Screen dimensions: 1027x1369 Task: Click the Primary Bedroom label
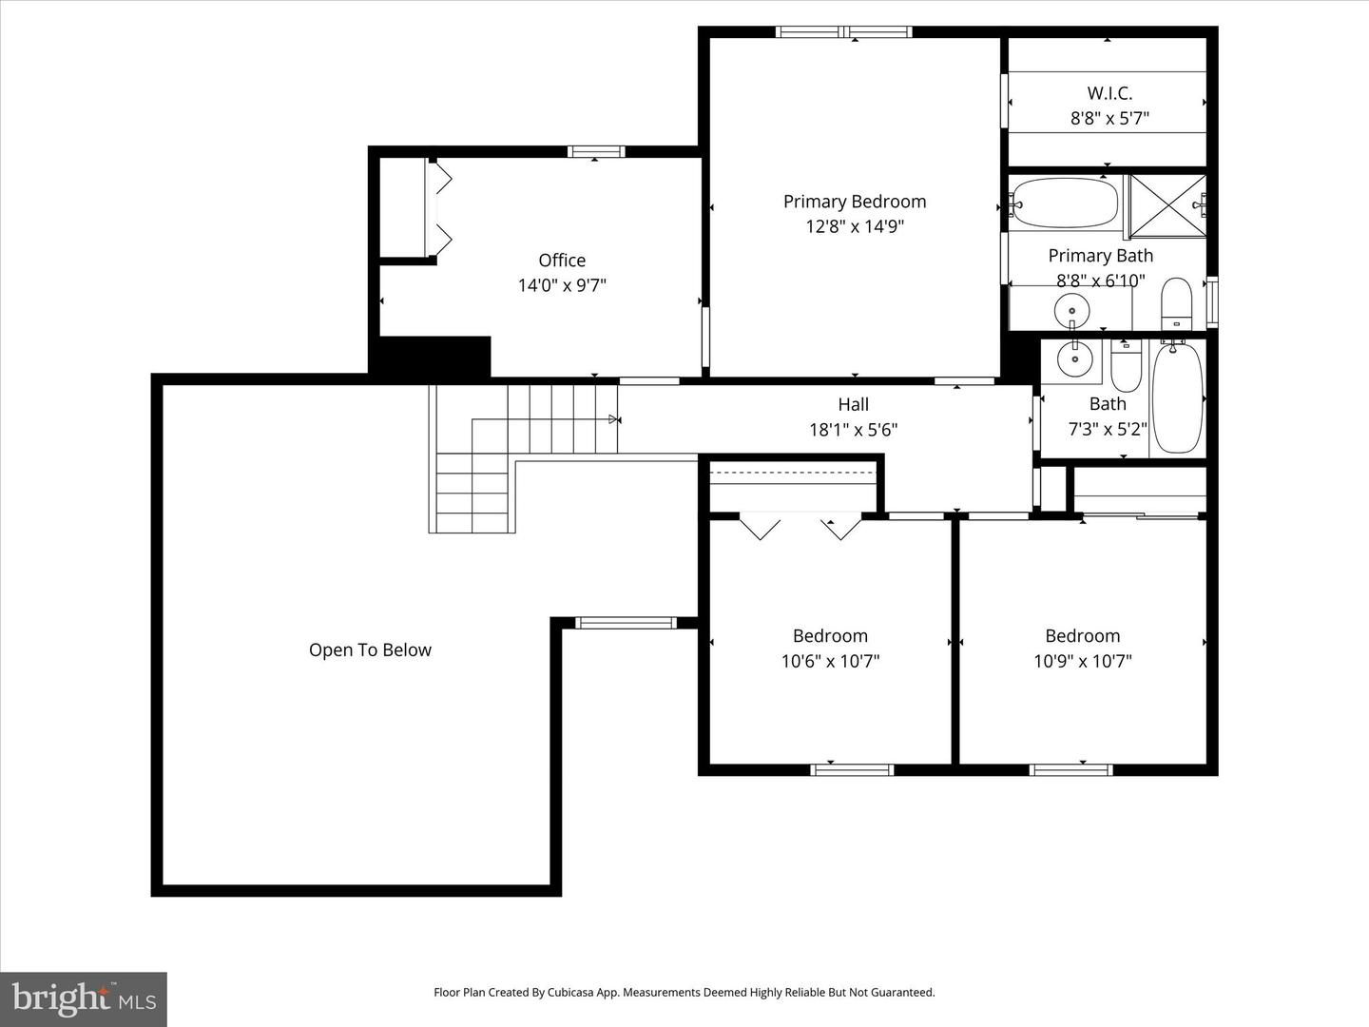click(854, 202)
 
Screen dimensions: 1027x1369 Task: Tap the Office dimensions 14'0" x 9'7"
click(562, 285)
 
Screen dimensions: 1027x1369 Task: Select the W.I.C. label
click(1109, 93)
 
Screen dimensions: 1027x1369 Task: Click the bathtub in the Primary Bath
click(1065, 202)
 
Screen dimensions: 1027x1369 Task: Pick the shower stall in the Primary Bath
click(1167, 205)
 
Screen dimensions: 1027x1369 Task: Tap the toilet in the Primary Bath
click(1176, 301)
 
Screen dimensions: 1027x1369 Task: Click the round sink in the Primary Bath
click(1072, 308)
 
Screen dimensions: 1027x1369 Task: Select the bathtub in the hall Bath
click(1177, 397)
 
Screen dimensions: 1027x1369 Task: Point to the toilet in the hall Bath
click(1126, 367)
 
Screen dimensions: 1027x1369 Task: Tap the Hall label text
click(853, 405)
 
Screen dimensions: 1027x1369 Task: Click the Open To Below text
click(370, 650)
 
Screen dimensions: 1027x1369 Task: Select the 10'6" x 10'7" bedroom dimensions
click(830, 661)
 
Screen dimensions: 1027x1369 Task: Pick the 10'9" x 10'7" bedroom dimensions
click(1082, 661)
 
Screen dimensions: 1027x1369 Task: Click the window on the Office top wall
click(596, 151)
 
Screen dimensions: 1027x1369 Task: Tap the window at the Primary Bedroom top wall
click(844, 32)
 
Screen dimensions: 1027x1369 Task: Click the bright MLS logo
click(84, 998)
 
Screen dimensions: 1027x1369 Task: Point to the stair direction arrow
click(614, 418)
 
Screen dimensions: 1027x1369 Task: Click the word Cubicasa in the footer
click(568, 993)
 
